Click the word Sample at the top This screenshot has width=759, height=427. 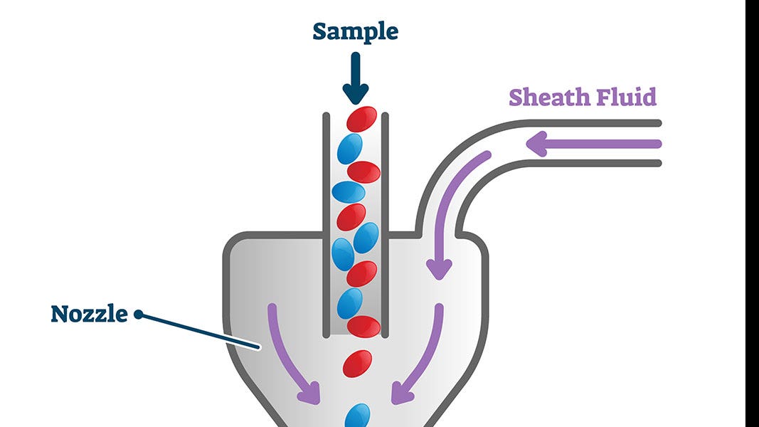pos(355,32)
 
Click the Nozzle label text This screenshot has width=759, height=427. pos(89,314)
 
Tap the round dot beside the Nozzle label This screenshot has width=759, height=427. pos(139,314)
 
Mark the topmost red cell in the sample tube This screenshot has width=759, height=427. pos(361,119)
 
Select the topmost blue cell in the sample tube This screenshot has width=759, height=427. pos(349,149)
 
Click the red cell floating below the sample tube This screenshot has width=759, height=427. pos(357,364)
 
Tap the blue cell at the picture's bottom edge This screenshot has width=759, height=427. pos(358,416)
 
